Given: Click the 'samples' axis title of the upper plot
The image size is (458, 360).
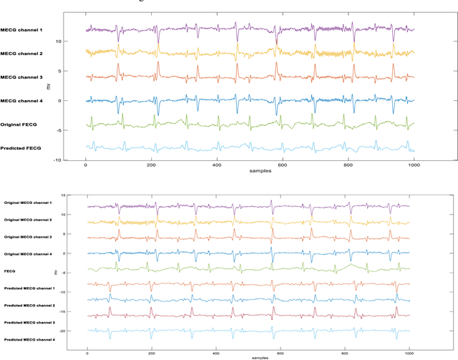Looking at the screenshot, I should point(250,172).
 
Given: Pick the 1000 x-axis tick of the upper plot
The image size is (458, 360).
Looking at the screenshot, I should point(414,165).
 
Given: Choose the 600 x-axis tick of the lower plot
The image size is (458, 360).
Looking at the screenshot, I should point(280,351).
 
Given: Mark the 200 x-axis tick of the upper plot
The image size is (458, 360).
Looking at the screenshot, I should point(151,165).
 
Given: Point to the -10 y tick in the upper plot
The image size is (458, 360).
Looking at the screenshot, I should point(76,160).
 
